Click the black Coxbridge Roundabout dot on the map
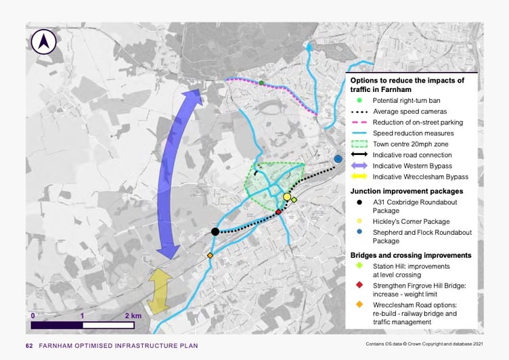215,231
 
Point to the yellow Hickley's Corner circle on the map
287,197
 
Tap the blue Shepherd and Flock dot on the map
338,159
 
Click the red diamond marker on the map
278,212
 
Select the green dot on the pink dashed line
261,83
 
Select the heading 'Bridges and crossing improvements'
410,255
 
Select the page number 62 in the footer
29,346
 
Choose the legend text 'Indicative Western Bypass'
412,166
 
